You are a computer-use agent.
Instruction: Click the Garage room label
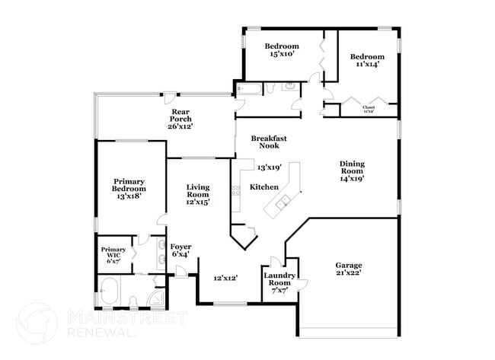[x=348, y=266]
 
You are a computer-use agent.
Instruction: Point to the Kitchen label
[x=264, y=187]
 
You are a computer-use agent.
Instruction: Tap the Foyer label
[x=180, y=247]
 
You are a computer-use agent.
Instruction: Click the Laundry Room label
[x=279, y=279]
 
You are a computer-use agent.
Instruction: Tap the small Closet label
[x=369, y=108]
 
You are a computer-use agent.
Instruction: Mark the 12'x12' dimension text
[x=226, y=279]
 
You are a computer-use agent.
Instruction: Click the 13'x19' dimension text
[x=270, y=167]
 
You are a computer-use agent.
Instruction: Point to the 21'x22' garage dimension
[x=348, y=272]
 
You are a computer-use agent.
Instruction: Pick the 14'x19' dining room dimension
[x=352, y=179]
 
